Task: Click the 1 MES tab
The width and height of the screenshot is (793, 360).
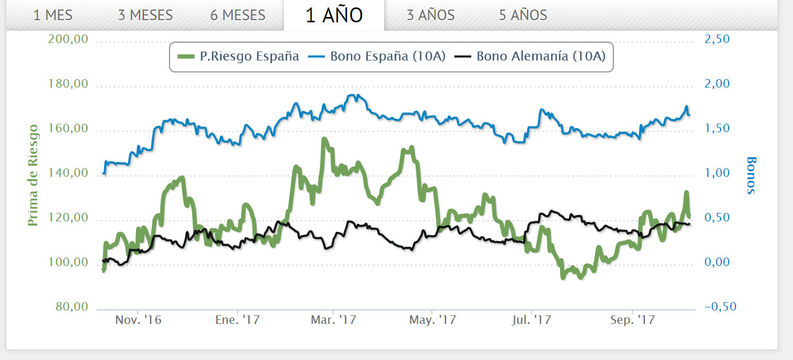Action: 53,15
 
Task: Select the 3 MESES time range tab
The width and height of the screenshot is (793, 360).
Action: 145,15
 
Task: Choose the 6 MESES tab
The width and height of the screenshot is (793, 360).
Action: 238,15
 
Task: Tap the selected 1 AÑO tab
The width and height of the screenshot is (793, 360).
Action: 334,15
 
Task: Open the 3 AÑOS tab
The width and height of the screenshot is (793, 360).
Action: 430,15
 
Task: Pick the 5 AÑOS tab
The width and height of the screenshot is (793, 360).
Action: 523,15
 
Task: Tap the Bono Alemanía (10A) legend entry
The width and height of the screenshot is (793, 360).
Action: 532,56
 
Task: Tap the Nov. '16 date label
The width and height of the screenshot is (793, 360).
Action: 138,321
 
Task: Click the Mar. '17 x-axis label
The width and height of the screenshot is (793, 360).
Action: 333,321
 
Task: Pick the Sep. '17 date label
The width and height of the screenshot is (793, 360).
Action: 632,321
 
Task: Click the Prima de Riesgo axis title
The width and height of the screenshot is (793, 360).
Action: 33,175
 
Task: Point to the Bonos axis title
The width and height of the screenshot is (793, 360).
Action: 751,175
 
